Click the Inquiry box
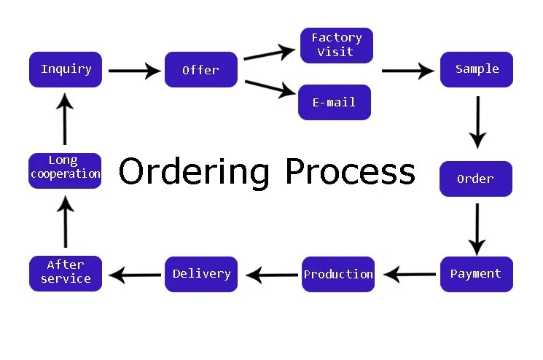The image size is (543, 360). [66, 69]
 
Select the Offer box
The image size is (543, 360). [200, 70]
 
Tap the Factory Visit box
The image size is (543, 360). [336, 45]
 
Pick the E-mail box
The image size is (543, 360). [335, 102]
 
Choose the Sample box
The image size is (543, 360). [477, 69]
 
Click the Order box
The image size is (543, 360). [475, 179]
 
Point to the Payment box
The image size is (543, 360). [476, 274]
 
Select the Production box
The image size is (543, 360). [338, 274]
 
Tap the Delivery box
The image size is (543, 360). [201, 274]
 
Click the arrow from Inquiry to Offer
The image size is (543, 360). [135, 71]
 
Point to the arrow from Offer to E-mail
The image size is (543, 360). [270, 87]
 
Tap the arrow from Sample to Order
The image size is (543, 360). [477, 121]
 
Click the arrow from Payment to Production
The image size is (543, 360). [410, 275]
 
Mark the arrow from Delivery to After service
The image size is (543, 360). [136, 275]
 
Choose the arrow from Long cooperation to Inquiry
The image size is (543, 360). [65, 121]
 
